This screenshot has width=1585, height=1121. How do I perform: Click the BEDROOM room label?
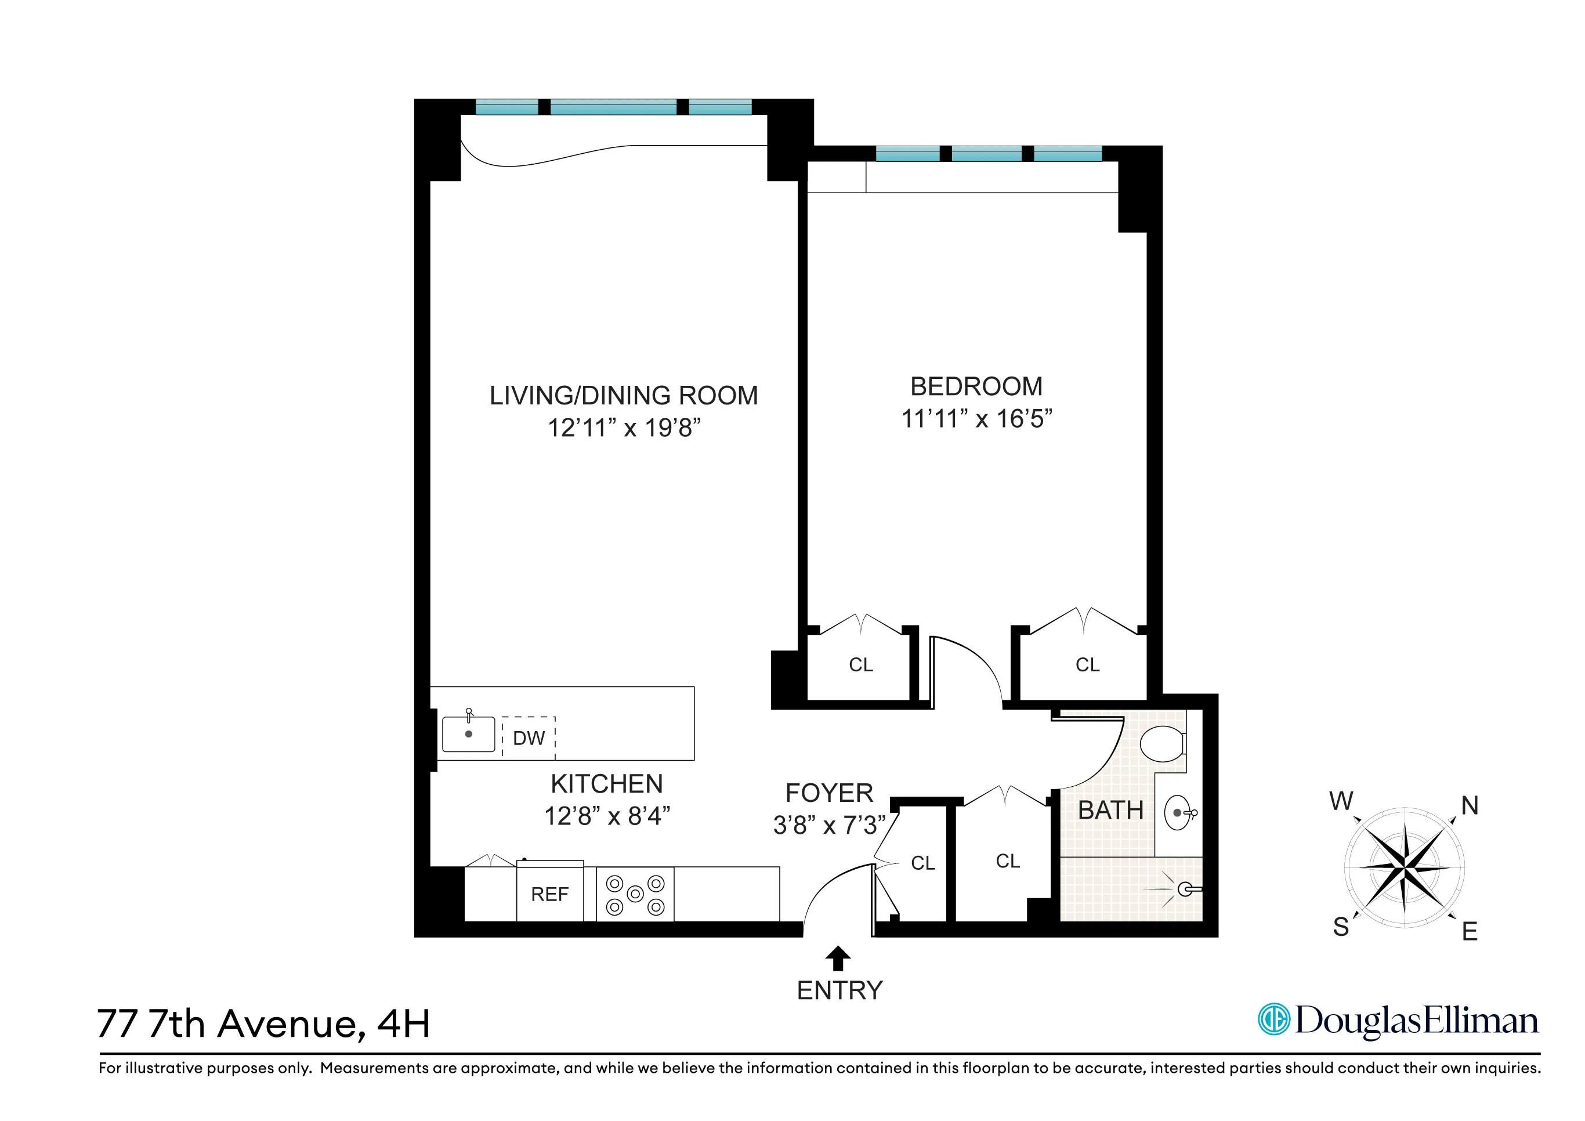[x=976, y=386]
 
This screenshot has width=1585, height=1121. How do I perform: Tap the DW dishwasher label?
[x=529, y=738]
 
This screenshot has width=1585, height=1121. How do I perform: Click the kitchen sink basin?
[x=468, y=735]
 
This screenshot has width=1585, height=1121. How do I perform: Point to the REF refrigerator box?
[x=549, y=894]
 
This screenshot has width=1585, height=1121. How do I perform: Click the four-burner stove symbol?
[x=635, y=895]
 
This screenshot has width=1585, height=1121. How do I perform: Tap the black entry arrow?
[x=838, y=958]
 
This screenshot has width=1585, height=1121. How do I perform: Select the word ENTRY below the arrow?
[x=839, y=990]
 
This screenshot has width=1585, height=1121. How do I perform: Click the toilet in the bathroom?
[x=1163, y=743]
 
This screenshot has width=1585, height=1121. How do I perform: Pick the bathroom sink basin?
[x=1178, y=813]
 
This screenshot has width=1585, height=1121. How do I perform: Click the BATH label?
[x=1111, y=811]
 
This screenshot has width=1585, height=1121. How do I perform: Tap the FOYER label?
[x=829, y=793]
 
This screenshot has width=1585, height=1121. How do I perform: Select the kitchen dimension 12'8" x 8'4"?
[x=607, y=816]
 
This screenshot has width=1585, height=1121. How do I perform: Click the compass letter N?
[x=1470, y=805]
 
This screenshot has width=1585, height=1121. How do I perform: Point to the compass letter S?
[x=1341, y=927]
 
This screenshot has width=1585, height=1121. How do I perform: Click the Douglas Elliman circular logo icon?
[x=1273, y=1019]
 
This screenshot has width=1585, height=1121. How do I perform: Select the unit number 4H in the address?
[x=403, y=1024]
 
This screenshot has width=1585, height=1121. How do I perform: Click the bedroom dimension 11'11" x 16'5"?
[x=976, y=419]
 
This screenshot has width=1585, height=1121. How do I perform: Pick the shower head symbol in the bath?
[x=1185, y=889]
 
